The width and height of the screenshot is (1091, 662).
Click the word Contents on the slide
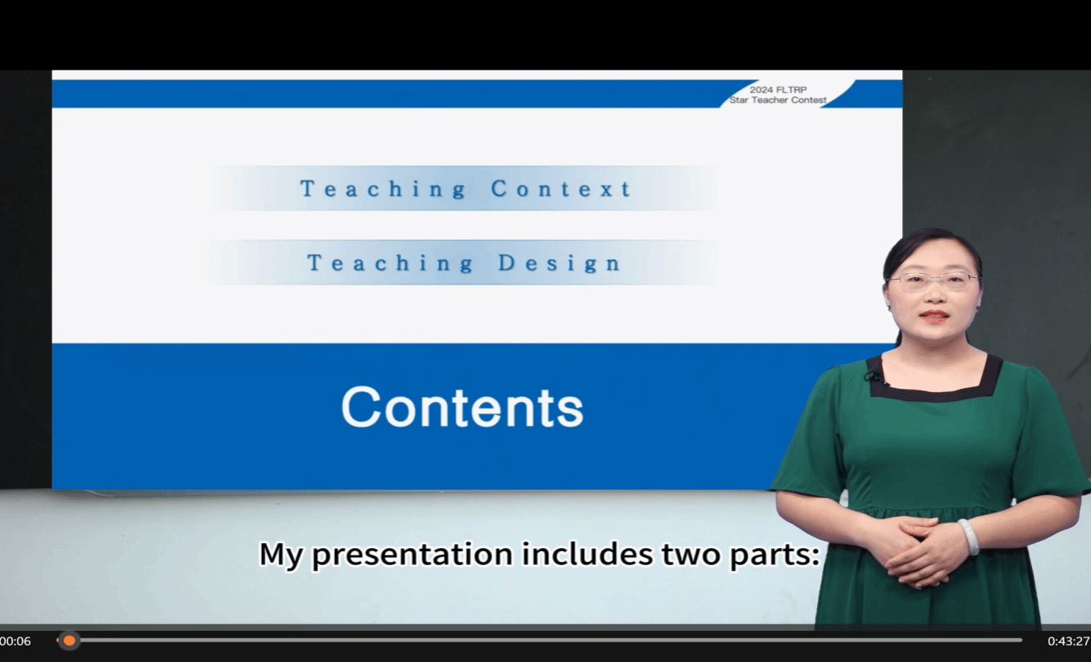[x=462, y=407]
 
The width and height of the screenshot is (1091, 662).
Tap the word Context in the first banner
[x=562, y=189]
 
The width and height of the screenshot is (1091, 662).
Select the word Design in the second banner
[x=559, y=263]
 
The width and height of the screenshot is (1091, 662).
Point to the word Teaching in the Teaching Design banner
[x=390, y=263]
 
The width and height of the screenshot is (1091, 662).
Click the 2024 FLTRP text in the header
[x=778, y=89]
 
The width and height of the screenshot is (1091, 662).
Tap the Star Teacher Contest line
[x=778, y=100]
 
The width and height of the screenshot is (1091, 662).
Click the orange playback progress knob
[x=69, y=641]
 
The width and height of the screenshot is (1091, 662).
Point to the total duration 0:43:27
[x=1069, y=641]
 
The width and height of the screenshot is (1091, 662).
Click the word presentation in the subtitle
[x=413, y=555]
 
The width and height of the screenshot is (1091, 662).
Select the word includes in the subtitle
[x=587, y=554]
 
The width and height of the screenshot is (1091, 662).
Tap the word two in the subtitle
[x=691, y=555]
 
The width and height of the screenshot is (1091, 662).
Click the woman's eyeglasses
[x=933, y=281]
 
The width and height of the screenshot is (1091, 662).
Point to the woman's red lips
[x=934, y=317]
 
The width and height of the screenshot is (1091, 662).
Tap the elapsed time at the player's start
[x=16, y=641]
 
